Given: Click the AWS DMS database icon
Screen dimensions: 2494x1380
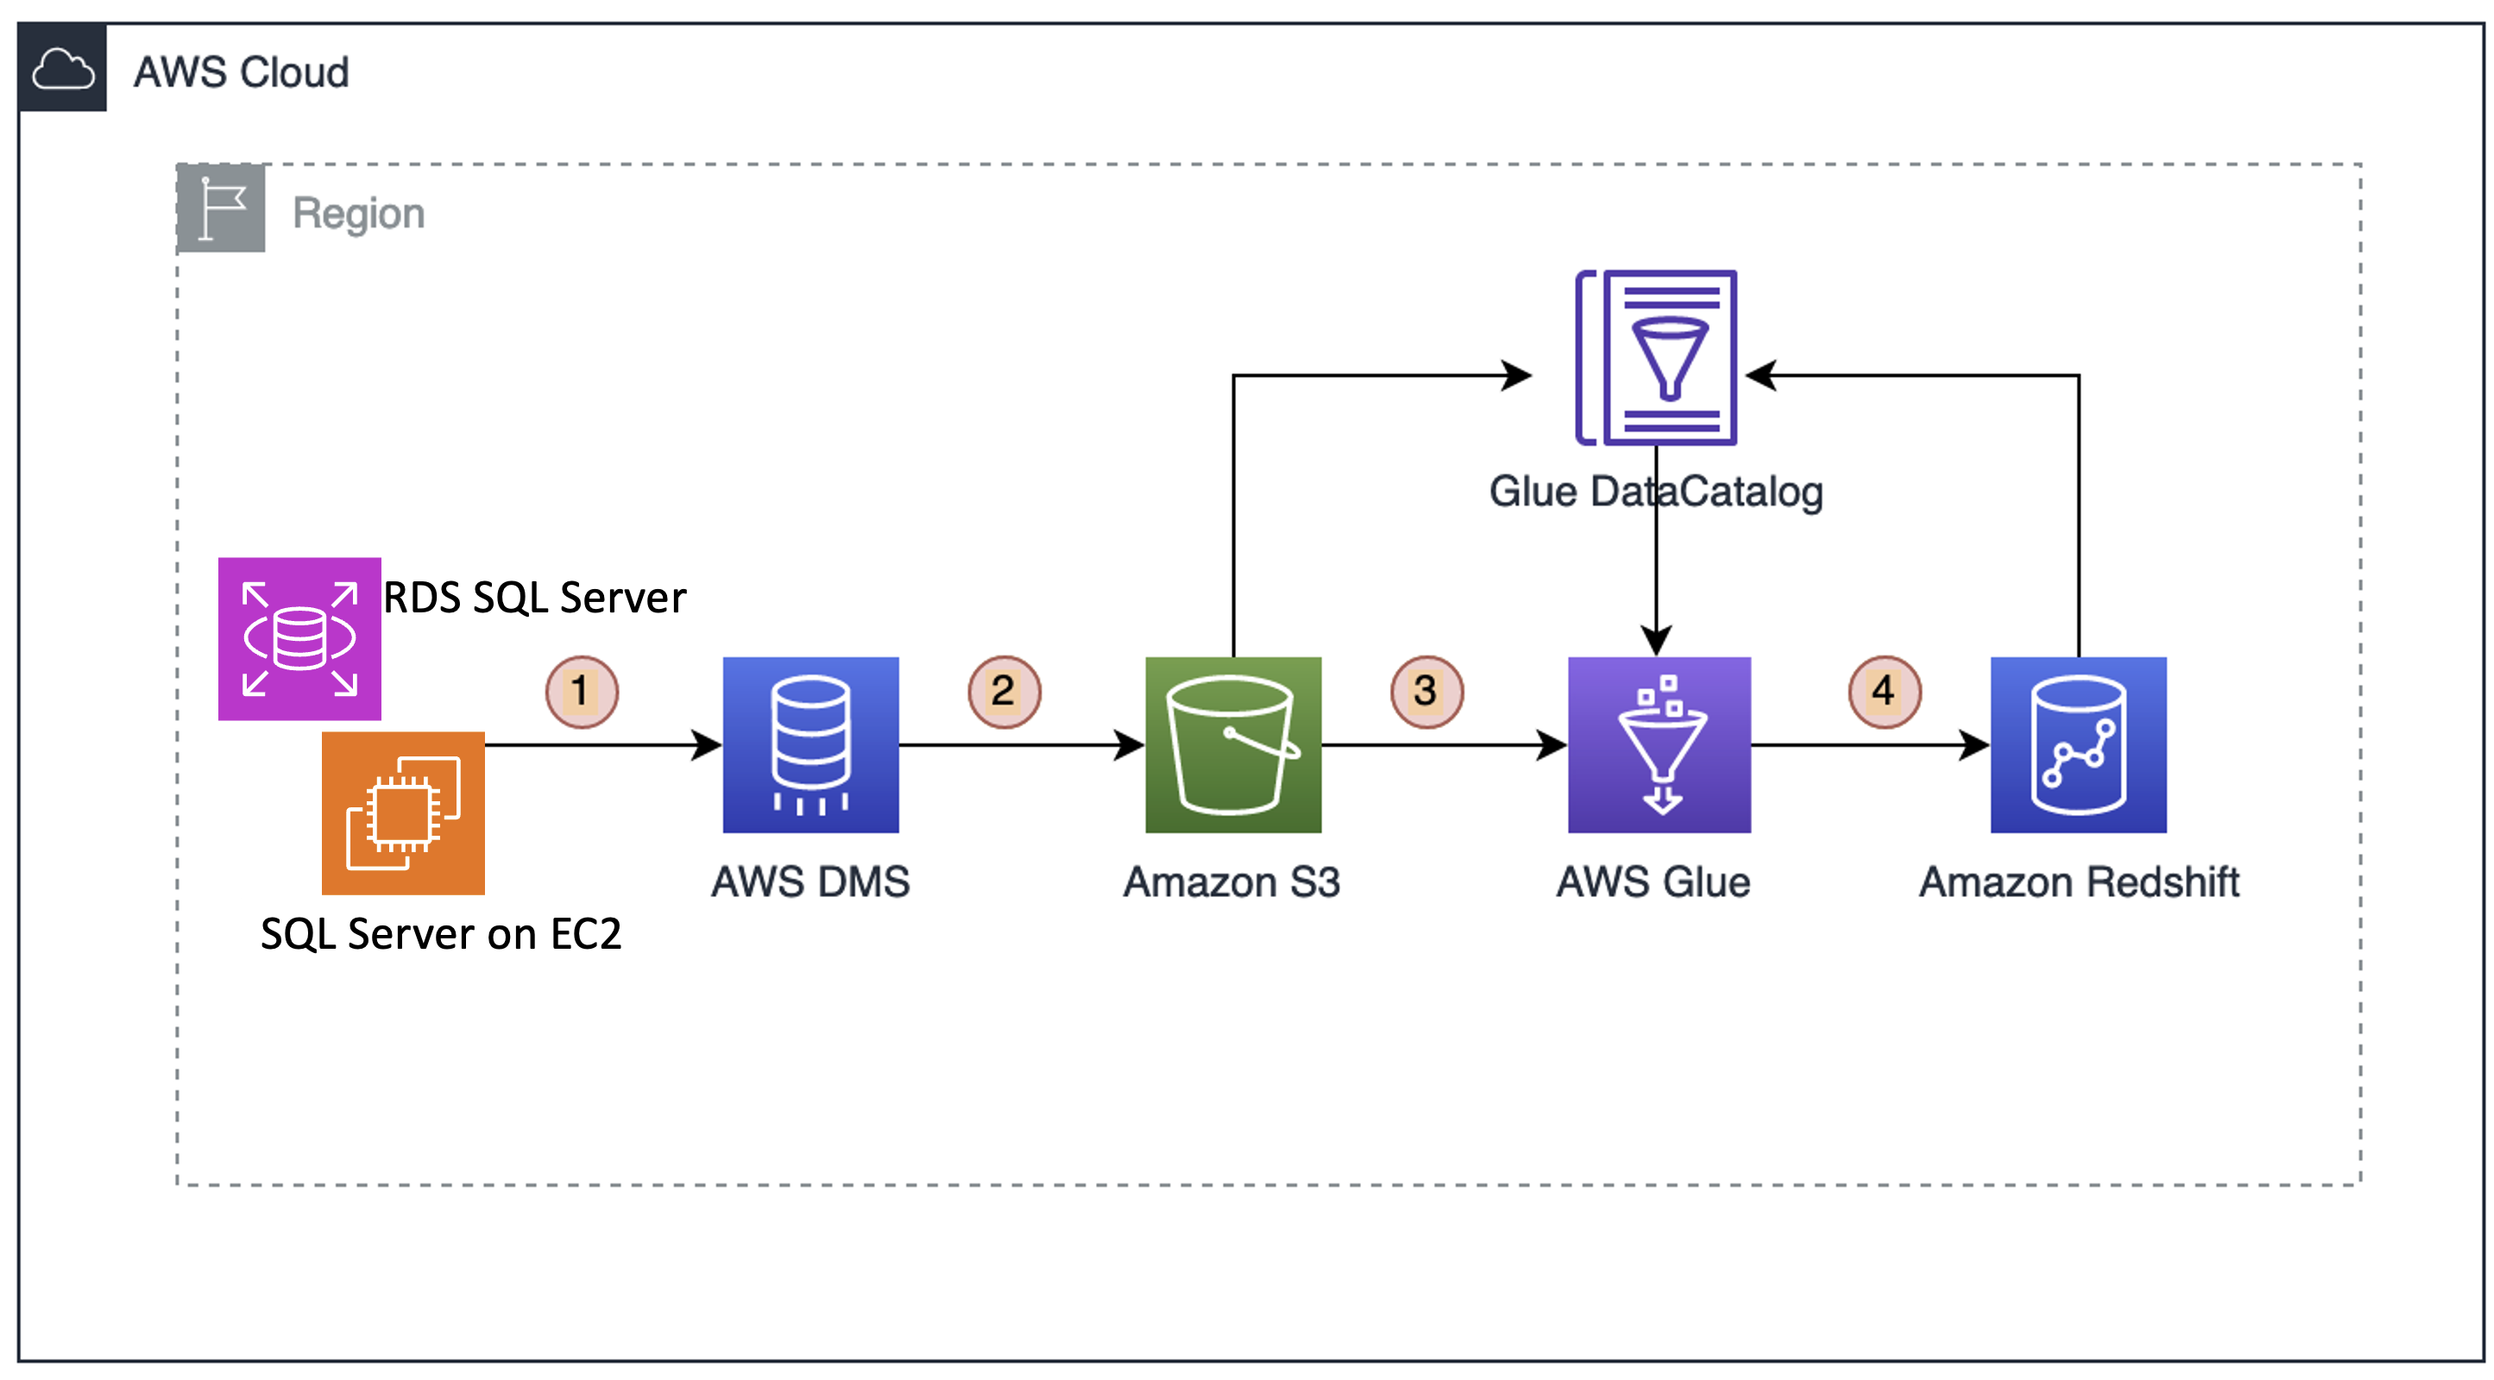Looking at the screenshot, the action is (x=810, y=744).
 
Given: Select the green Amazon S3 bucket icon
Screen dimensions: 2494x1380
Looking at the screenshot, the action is (x=1232, y=744).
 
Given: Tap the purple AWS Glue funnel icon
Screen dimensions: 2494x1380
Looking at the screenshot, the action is (x=1660, y=744).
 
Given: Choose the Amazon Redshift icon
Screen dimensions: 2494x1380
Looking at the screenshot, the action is (x=2079, y=744).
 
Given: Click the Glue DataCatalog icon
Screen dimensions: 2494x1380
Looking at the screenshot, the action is (x=1657, y=357).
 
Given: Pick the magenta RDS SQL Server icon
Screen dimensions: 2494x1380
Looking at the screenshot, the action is (x=299, y=639).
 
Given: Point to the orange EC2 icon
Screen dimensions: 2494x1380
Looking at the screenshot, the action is (x=403, y=812).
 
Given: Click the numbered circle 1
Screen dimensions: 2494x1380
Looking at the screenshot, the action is (x=581, y=691).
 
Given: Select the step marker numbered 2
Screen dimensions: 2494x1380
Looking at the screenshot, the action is (x=1004, y=691).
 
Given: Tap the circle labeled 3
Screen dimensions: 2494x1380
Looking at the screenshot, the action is (x=1426, y=691).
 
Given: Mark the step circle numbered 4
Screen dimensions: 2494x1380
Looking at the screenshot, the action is (x=1884, y=691).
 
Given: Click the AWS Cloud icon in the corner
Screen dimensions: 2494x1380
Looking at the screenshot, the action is (x=63, y=69).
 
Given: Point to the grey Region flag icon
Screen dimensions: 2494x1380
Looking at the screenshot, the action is (x=221, y=208).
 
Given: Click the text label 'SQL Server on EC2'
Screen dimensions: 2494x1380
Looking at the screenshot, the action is (x=440, y=934).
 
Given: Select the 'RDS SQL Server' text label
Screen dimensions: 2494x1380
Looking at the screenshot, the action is (x=534, y=597).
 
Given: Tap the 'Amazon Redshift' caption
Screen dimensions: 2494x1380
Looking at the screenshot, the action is (x=2079, y=881).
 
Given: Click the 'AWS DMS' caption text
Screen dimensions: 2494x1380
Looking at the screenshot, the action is (x=810, y=881).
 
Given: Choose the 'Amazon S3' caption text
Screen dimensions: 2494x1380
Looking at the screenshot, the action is (x=1231, y=881).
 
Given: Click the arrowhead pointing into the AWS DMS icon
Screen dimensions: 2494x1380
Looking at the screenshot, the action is (x=707, y=745).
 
